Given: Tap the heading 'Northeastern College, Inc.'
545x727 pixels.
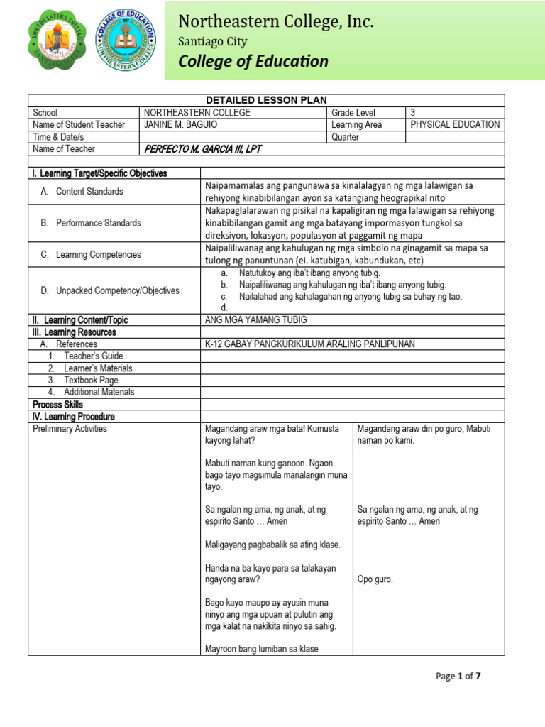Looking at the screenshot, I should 275,23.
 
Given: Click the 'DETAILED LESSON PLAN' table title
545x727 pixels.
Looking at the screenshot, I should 266,100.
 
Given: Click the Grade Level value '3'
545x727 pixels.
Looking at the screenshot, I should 413,113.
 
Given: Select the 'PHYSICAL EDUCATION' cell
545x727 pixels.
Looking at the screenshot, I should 455,124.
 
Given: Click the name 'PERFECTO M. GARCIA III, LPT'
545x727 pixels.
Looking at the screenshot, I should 203,149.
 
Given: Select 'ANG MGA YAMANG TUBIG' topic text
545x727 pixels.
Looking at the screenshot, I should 253,320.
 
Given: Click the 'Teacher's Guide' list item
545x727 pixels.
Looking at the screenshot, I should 93,356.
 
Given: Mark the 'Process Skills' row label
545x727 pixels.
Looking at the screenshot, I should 58,404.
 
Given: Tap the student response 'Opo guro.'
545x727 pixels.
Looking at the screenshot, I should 375,579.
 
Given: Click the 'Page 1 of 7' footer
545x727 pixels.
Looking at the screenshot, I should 458,676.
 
